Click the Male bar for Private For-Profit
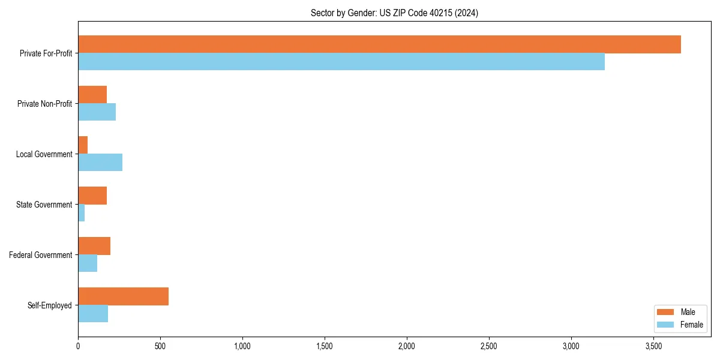(x=379, y=44)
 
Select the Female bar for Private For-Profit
(x=341, y=62)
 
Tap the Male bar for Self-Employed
(x=123, y=296)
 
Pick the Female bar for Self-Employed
(x=93, y=314)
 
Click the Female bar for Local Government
(x=100, y=163)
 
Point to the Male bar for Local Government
(x=83, y=145)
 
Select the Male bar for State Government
(x=92, y=196)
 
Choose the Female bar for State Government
(x=82, y=213)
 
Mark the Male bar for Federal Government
(x=94, y=246)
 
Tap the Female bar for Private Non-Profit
(x=97, y=112)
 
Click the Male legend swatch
(x=665, y=312)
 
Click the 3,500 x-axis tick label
(x=653, y=346)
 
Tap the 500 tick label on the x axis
(x=160, y=346)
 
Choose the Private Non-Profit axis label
(x=44, y=104)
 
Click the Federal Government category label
(x=41, y=255)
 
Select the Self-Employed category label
(x=50, y=305)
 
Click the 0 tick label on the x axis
(x=78, y=346)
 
